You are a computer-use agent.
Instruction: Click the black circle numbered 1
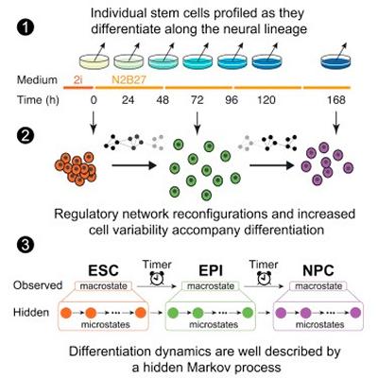[25, 28]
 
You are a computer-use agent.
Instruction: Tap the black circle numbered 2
[25, 136]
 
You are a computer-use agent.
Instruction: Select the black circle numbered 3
[25, 245]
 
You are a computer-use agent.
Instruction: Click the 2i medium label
[77, 79]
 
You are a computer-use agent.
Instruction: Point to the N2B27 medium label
[129, 79]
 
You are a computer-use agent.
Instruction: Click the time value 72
[198, 100]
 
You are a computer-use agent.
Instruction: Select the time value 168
[335, 100]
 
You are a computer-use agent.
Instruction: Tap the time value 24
[128, 100]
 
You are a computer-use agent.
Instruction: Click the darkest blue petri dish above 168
[335, 61]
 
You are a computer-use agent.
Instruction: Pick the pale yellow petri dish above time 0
[94, 61]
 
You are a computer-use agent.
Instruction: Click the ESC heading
[103, 270]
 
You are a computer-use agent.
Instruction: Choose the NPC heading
[318, 270]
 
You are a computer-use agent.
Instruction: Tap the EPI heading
[211, 270]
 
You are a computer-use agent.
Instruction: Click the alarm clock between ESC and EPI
[157, 278]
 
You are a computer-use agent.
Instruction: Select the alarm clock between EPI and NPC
[264, 278]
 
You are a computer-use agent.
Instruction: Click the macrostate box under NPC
[318, 286]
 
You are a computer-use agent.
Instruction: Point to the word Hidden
[31, 312]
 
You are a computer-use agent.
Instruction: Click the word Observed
[38, 285]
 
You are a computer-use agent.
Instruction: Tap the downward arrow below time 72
[198, 122]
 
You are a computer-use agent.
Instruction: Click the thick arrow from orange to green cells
[134, 165]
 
